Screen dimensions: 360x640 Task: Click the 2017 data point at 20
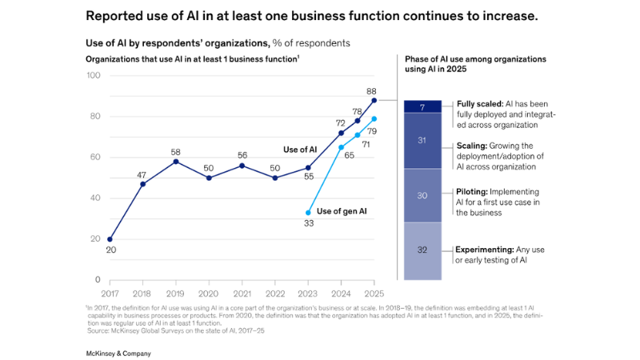pyautogui.click(x=110, y=239)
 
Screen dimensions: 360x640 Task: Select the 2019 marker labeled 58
pyautogui.click(x=176, y=162)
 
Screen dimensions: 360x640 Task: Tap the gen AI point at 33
pyautogui.click(x=308, y=213)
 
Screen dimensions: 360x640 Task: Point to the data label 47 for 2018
pyautogui.click(x=142, y=174)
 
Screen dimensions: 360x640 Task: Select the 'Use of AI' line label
pyautogui.click(x=300, y=150)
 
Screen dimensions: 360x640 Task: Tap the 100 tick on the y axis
pyautogui.click(x=93, y=75)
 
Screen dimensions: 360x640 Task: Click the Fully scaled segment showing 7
pyautogui.click(x=422, y=106)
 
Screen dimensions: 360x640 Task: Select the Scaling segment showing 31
pyautogui.click(x=422, y=141)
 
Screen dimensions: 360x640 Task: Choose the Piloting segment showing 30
pyautogui.click(x=422, y=196)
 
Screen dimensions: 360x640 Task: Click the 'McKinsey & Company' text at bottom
pyautogui.click(x=118, y=353)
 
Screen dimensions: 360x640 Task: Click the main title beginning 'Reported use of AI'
pyautogui.click(x=311, y=16)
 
